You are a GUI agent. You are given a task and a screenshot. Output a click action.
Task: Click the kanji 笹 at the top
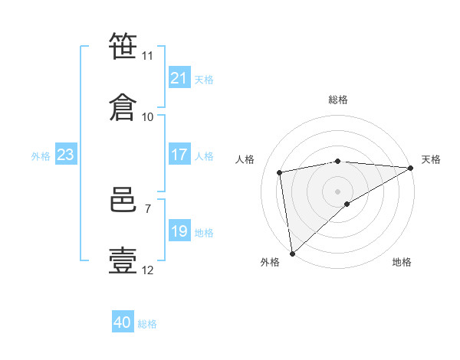[123, 46]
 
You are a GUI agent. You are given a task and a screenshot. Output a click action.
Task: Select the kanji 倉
[123, 107]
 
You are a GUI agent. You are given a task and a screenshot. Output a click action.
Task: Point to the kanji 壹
[123, 260]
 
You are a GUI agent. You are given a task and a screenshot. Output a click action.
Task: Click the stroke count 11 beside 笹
[147, 56]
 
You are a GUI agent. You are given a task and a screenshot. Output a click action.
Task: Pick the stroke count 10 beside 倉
[147, 117]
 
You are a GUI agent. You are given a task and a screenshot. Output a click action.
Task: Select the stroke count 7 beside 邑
[148, 209]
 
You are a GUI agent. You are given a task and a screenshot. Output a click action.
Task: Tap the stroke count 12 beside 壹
[147, 270]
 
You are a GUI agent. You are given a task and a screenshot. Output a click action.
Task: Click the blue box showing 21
[179, 77]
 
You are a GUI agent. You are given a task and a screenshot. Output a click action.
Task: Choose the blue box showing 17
[179, 154]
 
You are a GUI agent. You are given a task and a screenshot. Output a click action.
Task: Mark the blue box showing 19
[179, 230]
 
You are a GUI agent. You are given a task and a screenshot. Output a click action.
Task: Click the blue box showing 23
[66, 154]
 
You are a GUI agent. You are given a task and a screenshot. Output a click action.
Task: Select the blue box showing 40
[123, 321]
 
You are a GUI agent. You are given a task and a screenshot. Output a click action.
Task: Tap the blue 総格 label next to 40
[147, 324]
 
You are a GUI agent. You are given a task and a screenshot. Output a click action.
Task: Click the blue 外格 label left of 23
[41, 156]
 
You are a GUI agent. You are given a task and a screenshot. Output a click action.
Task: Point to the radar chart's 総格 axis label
[338, 100]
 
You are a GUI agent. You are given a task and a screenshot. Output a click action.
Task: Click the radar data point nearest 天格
[411, 168]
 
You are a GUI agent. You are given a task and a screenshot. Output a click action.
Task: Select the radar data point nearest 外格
[293, 254]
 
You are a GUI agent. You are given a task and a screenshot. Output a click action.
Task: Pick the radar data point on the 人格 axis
[280, 172]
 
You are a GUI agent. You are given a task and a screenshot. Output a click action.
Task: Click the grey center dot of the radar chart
[337, 191]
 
